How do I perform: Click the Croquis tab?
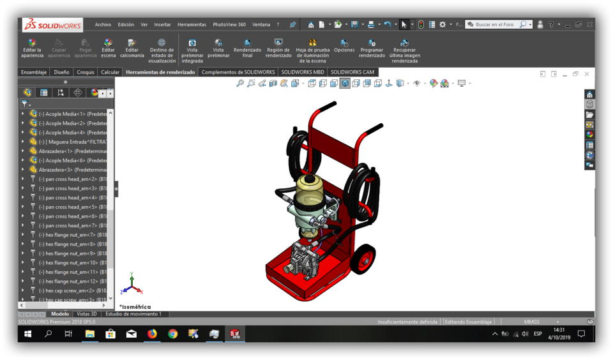tap(86, 72)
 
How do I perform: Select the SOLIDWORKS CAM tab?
tap(352, 72)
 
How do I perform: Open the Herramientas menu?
tap(192, 25)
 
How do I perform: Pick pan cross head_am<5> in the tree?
tap(71, 207)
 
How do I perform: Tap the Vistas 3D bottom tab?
tap(87, 314)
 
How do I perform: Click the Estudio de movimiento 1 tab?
tap(133, 314)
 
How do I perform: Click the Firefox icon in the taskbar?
tap(152, 334)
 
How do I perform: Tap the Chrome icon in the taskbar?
tap(173, 334)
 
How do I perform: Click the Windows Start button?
tap(27, 334)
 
